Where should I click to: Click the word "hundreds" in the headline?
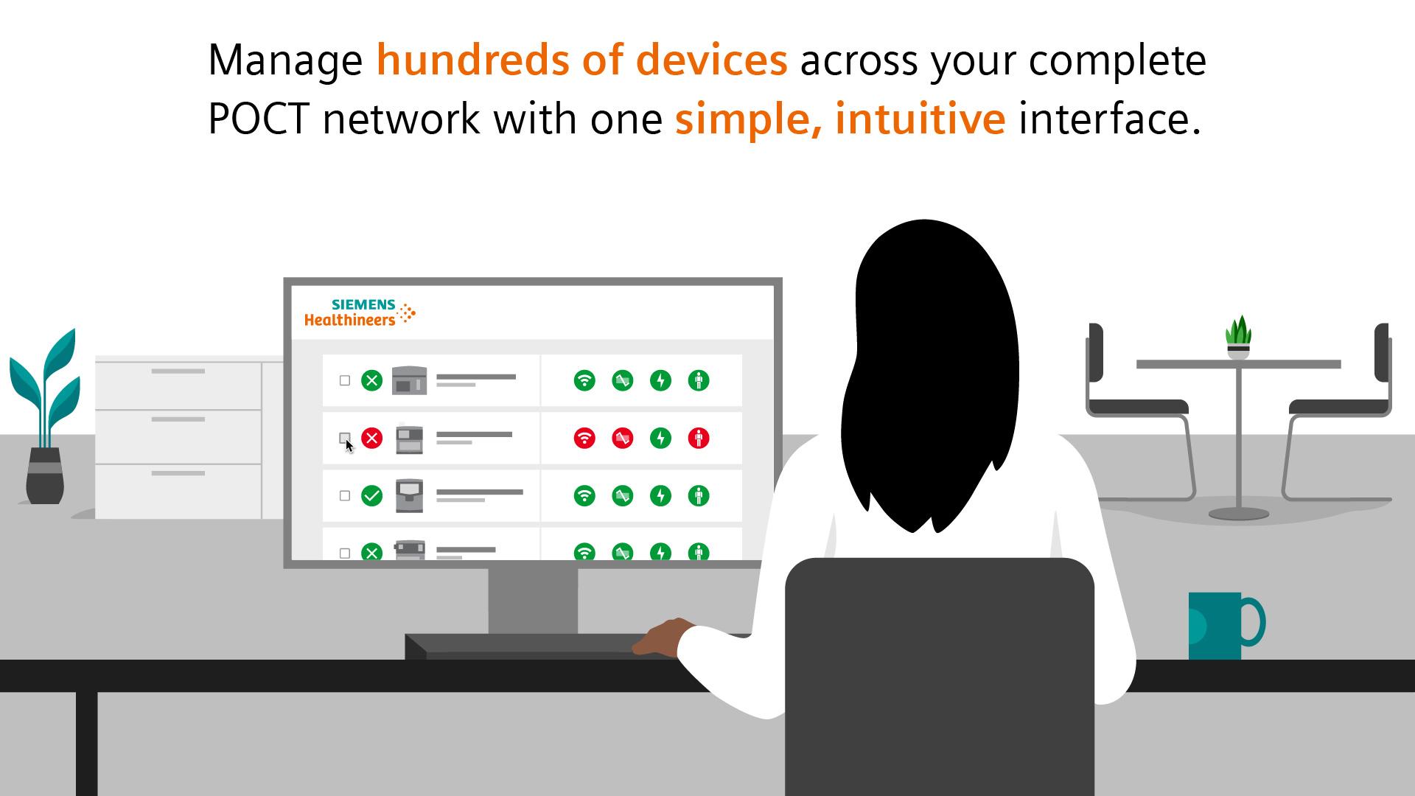click(471, 60)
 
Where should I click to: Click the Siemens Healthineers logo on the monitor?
click(360, 313)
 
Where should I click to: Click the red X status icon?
click(372, 439)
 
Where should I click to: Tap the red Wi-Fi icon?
click(584, 439)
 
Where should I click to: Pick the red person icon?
click(699, 439)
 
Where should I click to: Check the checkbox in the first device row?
click(344, 380)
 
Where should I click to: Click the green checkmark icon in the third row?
click(372, 496)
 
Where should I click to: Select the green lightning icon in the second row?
click(661, 439)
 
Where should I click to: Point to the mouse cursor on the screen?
click(349, 445)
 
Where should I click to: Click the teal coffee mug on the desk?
click(1220, 626)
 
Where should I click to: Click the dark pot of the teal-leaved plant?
click(45, 476)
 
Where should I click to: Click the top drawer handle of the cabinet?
click(178, 371)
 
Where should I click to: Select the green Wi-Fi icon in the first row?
click(584, 380)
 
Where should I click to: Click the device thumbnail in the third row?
click(409, 495)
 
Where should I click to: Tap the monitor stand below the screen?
click(533, 600)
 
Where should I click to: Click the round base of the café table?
click(1238, 514)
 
